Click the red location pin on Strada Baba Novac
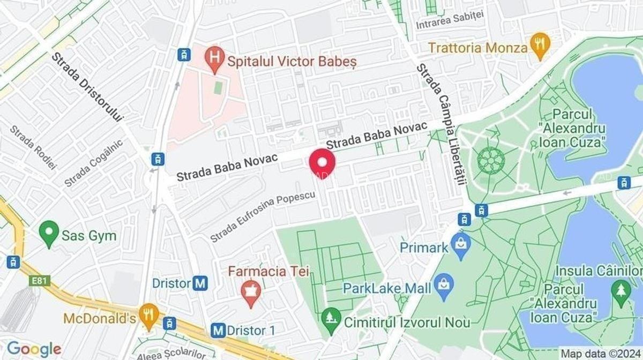[323, 161]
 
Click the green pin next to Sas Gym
[49, 233]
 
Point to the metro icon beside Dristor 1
[218, 331]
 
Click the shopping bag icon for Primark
[460, 245]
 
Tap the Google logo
[34, 348]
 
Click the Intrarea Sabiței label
[450, 19]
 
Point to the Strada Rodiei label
[33, 147]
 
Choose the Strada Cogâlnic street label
[94, 163]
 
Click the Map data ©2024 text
[600, 354]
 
